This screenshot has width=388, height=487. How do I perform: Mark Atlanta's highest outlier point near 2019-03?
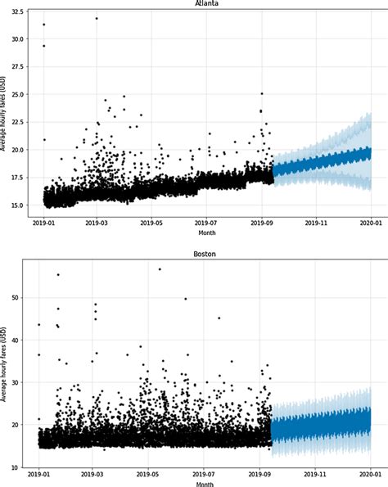pos(97,18)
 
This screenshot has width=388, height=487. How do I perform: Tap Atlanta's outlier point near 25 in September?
pos(262,93)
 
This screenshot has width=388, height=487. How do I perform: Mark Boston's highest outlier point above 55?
pos(160,269)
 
